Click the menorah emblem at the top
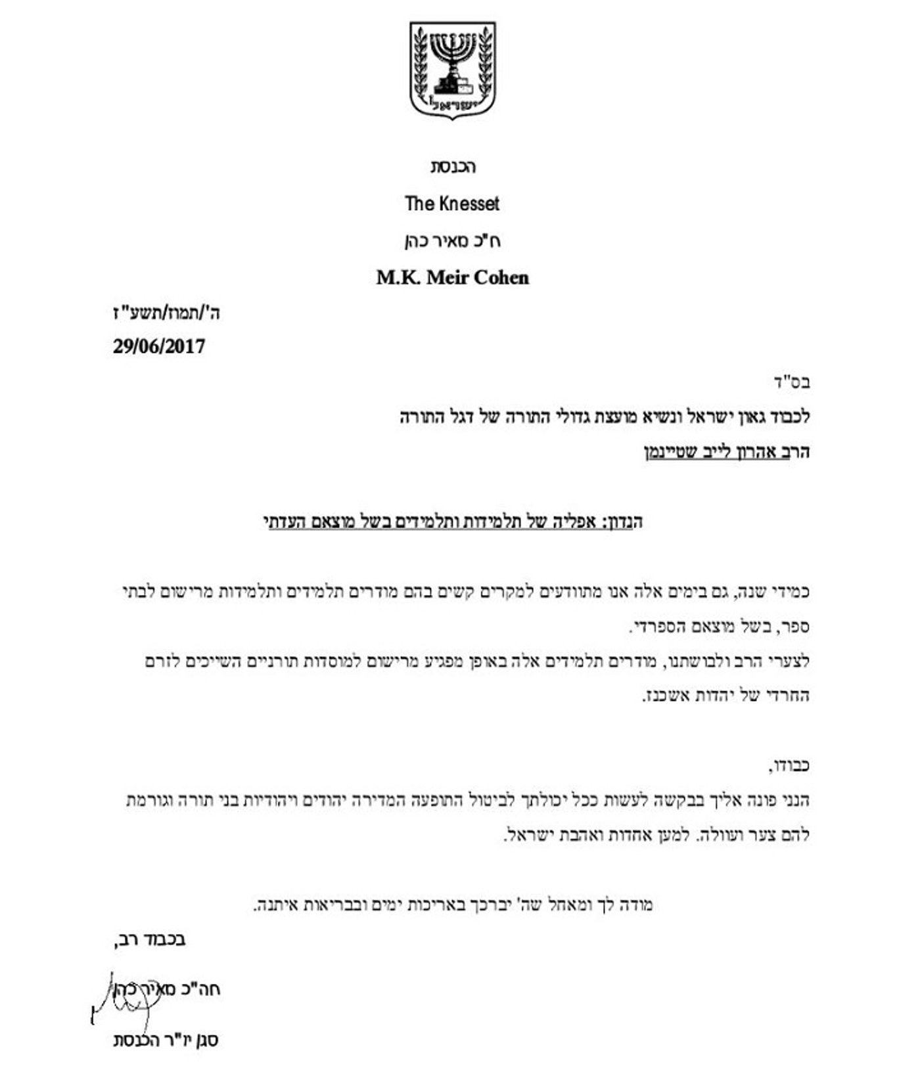click(453, 70)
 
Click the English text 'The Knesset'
click(452, 204)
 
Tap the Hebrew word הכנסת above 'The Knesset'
click(453, 167)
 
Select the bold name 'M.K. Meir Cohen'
click(452, 278)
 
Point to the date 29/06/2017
click(158, 347)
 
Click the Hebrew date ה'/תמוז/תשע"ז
click(167, 313)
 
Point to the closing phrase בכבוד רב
click(150, 941)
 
